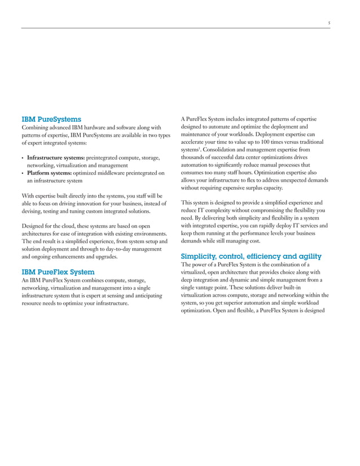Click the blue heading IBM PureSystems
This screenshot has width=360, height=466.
pyautogui.click(x=51, y=120)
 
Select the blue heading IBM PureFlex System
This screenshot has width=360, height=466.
pyautogui.click(x=58, y=272)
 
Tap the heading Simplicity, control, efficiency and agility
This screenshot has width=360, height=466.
pyautogui.click(x=251, y=256)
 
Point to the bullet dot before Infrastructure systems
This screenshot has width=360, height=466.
pyautogui.click(x=23, y=157)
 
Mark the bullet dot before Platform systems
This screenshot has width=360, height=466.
pyautogui.click(x=23, y=173)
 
